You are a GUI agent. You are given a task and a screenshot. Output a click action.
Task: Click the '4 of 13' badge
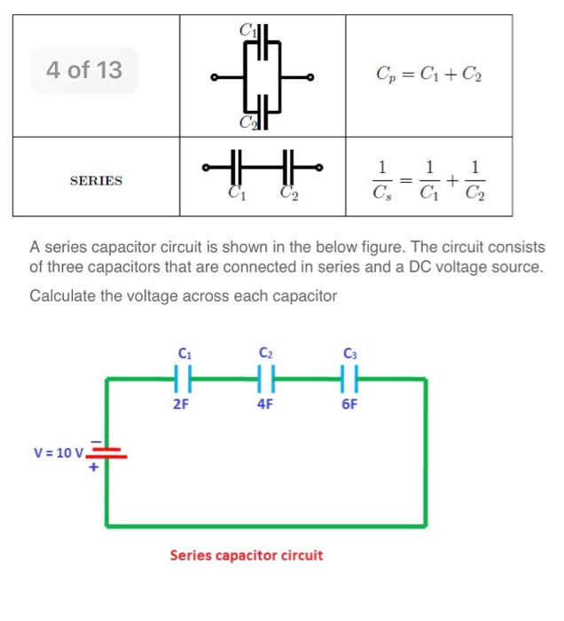84,70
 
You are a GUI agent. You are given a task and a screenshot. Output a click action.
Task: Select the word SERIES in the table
96,181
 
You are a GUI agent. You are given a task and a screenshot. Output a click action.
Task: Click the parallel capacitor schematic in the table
262,78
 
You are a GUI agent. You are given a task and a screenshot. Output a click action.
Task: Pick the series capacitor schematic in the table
262,166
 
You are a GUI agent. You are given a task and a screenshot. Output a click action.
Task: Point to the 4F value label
264,405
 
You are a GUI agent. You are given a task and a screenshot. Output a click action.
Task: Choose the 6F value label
349,405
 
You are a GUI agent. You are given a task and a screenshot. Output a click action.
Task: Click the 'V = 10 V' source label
59,452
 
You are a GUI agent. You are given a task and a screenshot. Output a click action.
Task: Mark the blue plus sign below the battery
91,471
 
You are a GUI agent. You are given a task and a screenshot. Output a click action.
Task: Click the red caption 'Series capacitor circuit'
247,556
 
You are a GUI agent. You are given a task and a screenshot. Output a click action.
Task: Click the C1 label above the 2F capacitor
183,353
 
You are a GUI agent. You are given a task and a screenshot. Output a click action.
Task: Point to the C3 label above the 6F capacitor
349,353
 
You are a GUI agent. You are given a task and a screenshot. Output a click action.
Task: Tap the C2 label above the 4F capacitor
265,353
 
